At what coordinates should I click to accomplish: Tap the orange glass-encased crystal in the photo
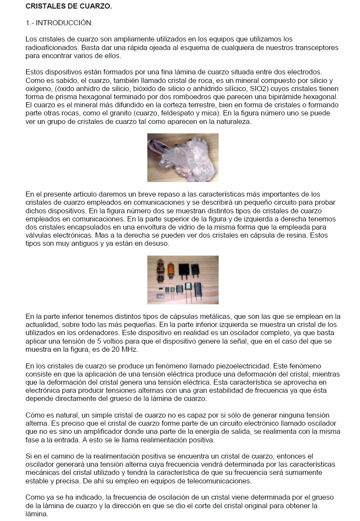tap(171, 271)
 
